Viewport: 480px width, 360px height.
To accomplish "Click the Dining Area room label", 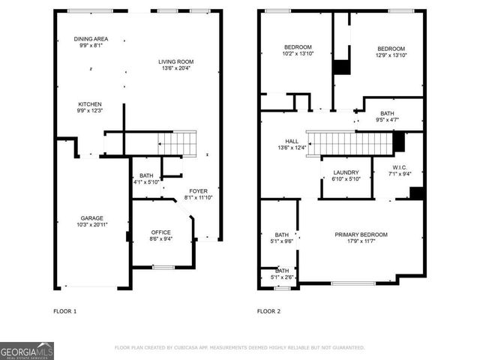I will point(91,39).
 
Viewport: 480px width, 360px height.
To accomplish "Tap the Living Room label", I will point(175,61).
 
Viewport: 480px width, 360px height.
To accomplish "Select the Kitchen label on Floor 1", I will point(90,104).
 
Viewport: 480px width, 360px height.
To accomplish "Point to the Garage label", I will point(92,218).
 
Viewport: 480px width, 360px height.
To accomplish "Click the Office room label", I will point(161,232).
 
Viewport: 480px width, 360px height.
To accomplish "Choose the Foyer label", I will point(198,190).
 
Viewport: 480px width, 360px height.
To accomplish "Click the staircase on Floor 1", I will point(177,141).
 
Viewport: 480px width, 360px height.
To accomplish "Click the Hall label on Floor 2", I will point(292,140).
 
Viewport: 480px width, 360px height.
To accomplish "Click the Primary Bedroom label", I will point(365,234).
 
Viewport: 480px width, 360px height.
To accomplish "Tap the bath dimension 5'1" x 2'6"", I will point(282,277).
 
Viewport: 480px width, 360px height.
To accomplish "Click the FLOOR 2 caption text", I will point(268,310).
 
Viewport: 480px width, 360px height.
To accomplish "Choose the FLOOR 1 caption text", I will point(64,310).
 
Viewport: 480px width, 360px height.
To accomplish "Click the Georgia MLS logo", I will point(27,351).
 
